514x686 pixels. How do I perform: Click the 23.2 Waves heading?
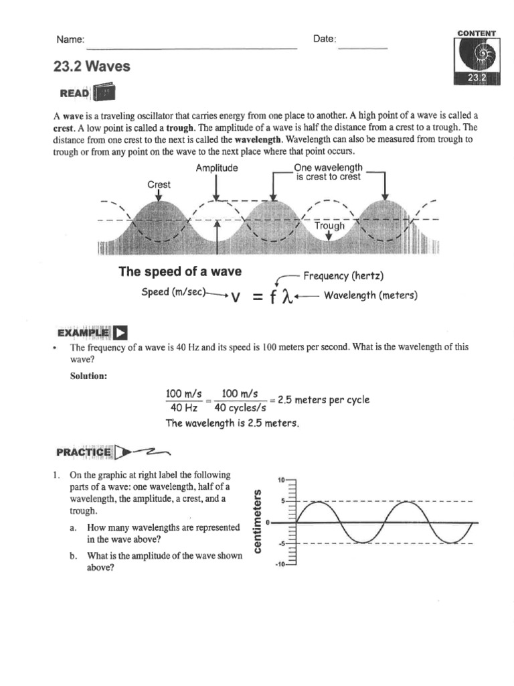[x=92, y=66]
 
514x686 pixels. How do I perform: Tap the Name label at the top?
[x=70, y=40]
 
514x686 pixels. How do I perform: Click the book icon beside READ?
[x=104, y=93]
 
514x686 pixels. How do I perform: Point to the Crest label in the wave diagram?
[x=159, y=184]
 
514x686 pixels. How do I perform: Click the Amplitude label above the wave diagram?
[x=217, y=168]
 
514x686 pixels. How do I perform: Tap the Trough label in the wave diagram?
[x=329, y=226]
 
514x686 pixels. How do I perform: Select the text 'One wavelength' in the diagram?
[x=329, y=167]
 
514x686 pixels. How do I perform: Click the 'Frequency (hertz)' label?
[x=344, y=276]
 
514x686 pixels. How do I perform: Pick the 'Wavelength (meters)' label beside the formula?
[x=371, y=295]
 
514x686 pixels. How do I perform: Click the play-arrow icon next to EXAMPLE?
[x=120, y=333]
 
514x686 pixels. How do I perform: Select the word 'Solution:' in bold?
[x=88, y=376]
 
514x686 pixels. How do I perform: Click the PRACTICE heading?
[x=83, y=452]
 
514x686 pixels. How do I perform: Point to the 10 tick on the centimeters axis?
[x=280, y=480]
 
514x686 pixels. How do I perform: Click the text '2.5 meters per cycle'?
[x=323, y=400]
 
